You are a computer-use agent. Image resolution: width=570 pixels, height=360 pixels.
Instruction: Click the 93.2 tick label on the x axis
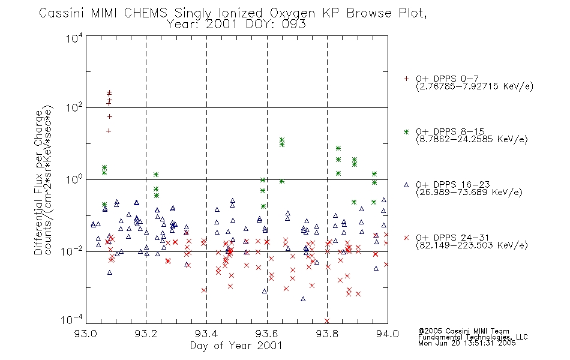coord(146,334)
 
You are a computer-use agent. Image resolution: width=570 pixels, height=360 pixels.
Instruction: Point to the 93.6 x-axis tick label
coord(267,334)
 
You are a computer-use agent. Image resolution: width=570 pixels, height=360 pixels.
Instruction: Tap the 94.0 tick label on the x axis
coord(388,334)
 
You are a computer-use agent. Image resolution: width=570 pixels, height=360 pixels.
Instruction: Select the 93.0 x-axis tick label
coord(86,334)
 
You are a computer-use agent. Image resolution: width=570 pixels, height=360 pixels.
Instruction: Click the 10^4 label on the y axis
coord(74,38)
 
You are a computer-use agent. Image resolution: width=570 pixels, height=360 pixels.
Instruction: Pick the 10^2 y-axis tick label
coord(74,108)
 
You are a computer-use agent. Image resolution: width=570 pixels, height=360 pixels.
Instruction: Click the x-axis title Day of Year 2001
coord(236,346)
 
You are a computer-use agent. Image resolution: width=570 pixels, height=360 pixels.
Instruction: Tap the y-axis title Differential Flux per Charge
coord(38,183)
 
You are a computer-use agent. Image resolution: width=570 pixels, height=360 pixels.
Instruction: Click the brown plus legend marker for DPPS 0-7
coord(406,79)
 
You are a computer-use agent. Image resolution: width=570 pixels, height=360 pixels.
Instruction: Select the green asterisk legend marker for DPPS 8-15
coord(406,132)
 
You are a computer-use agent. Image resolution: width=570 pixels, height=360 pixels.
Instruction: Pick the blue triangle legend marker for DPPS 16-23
coord(406,185)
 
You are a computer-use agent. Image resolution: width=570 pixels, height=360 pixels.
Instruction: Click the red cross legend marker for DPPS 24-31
coord(406,238)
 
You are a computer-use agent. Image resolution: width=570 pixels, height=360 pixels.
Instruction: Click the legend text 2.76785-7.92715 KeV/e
coord(475,86)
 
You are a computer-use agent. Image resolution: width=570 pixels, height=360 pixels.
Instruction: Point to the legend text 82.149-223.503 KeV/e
coord(472,245)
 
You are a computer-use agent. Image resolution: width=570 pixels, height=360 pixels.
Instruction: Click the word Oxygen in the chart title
coord(292,13)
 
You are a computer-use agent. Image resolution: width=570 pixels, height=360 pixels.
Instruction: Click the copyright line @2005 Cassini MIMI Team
coord(463,331)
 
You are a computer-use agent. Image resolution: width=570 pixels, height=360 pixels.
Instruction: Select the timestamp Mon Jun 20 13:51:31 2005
coord(467,343)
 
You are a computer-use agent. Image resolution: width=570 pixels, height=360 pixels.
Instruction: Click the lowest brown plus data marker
coord(109,131)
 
